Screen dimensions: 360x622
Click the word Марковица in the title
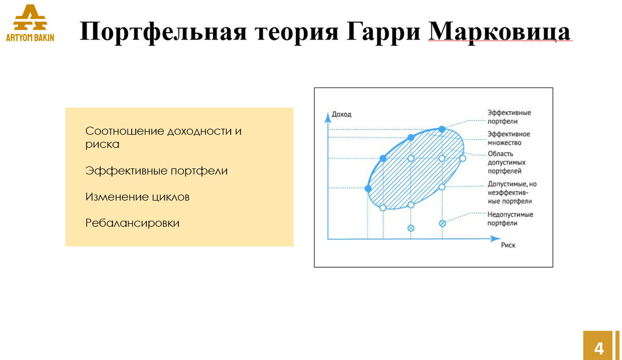pos(500,32)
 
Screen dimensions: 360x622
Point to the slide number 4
pos(599,348)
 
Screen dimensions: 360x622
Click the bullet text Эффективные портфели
pos(157,171)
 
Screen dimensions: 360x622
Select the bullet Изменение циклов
pos(137,197)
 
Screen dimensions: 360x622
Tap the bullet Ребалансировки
pos(132,223)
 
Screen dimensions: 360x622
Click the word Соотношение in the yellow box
pos(124,131)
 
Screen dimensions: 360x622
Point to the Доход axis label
pos(342,114)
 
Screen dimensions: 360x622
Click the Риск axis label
pos(508,246)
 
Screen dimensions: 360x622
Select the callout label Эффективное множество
pos(508,138)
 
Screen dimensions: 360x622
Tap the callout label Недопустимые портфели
pos(510,219)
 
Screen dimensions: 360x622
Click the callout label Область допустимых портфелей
pos(507,162)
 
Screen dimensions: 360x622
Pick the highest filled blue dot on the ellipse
pos(442,129)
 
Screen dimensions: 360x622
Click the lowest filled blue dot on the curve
pos(368,188)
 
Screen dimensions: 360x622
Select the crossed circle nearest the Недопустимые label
pos(442,223)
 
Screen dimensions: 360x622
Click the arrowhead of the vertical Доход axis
pos(328,117)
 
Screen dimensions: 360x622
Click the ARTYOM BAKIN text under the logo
pos(30,38)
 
